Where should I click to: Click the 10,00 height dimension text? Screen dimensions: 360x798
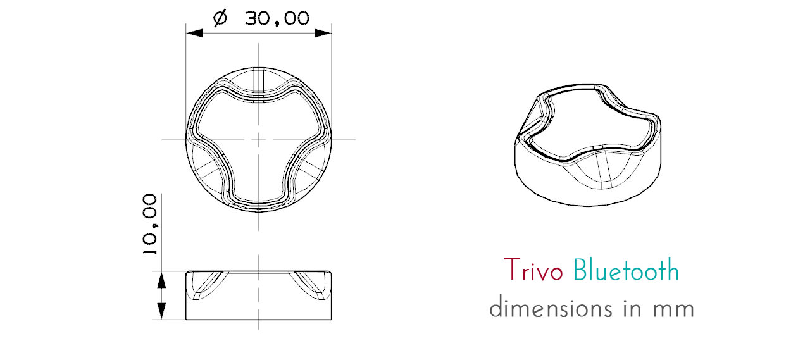click(x=149, y=225)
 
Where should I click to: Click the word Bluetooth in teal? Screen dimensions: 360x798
click(x=625, y=271)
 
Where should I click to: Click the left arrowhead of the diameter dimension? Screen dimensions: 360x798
click(x=192, y=32)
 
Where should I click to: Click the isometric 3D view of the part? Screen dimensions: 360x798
click(x=589, y=146)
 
